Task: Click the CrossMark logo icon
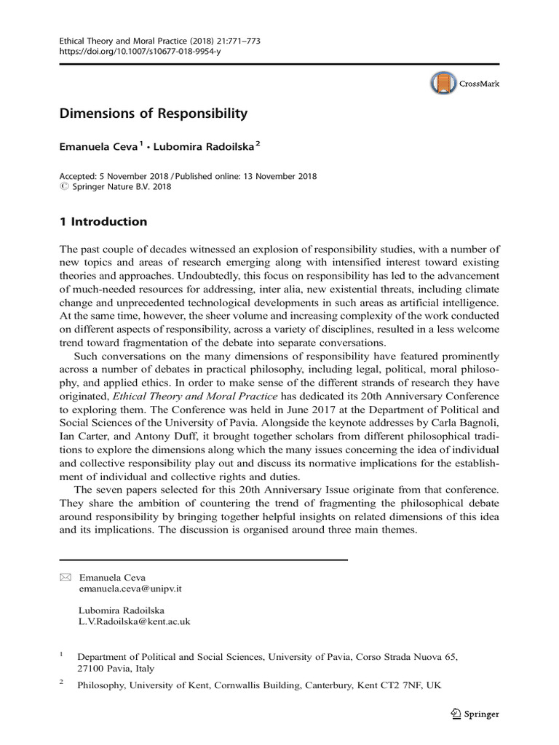[x=442, y=84]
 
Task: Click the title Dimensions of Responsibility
[x=154, y=114]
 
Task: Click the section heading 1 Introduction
[x=103, y=222]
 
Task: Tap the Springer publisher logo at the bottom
[x=475, y=714]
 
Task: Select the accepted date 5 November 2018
[x=137, y=176]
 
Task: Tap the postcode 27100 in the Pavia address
[x=92, y=669]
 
